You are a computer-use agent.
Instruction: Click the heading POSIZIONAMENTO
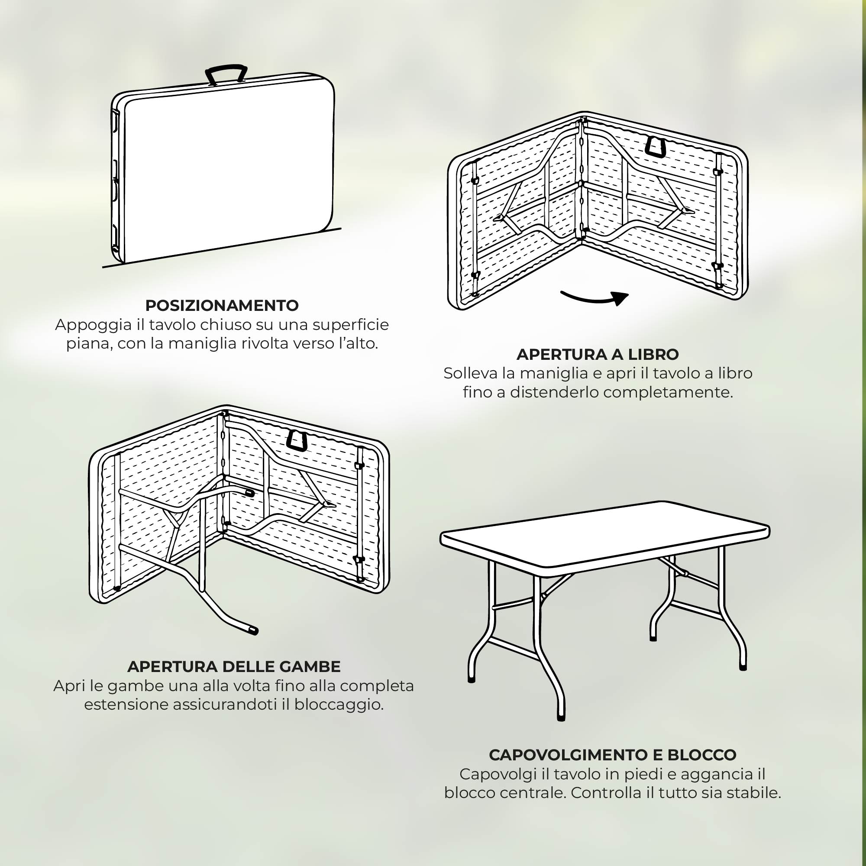click(222, 306)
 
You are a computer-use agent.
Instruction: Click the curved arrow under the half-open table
click(595, 297)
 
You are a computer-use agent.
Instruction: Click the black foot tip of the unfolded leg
click(254, 631)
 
